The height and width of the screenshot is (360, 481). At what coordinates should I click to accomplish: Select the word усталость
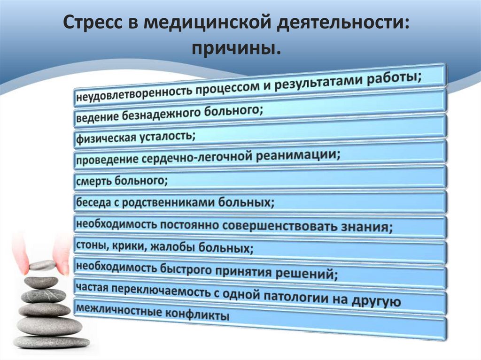click(x=163, y=137)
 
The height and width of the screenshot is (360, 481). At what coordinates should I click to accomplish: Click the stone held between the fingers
click(x=42, y=265)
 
